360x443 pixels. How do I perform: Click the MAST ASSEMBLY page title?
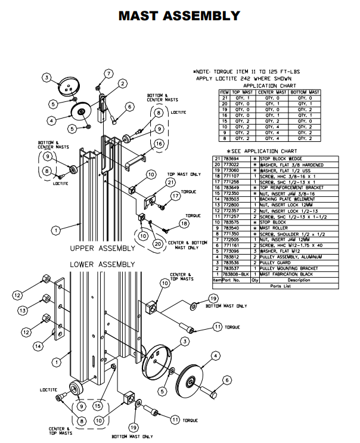pyautogui.click(x=179, y=16)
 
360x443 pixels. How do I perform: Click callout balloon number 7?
pyautogui.click(x=108, y=73)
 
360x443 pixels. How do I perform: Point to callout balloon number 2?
pyautogui.click(x=122, y=84)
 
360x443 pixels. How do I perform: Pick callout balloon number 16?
pyautogui.click(x=158, y=144)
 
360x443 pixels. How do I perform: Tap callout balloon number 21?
pyautogui.click(x=170, y=182)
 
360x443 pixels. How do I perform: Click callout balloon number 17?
pyautogui.click(x=175, y=196)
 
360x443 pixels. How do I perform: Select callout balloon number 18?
pyautogui.click(x=183, y=223)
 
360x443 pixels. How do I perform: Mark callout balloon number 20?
pyautogui.click(x=157, y=243)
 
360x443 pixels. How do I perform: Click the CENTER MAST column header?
pyautogui.click(x=272, y=92)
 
